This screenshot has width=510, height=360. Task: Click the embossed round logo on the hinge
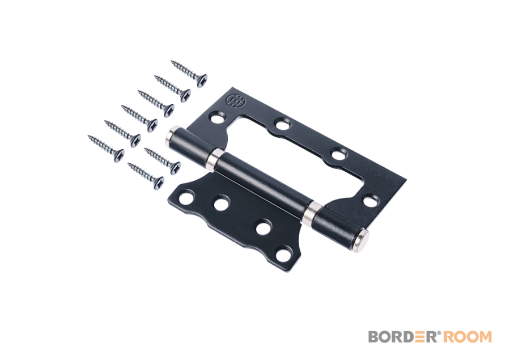pos(233,101)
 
